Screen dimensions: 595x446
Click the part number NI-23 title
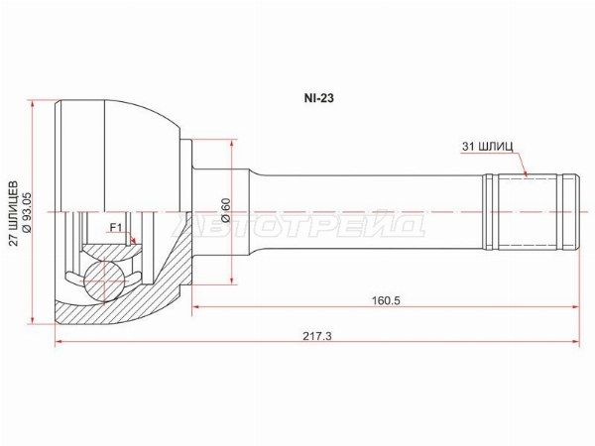[x=318, y=98]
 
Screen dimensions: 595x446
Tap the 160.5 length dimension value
[x=386, y=300]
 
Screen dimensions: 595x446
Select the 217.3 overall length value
[x=317, y=336]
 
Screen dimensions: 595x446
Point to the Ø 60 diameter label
[x=226, y=210]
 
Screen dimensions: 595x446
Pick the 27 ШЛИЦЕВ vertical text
[x=14, y=213]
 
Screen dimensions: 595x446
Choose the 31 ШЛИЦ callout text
[x=487, y=146]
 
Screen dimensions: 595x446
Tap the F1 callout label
[x=115, y=228]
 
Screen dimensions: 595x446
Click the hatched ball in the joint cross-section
[x=104, y=281]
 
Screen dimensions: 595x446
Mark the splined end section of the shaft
[x=531, y=212]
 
